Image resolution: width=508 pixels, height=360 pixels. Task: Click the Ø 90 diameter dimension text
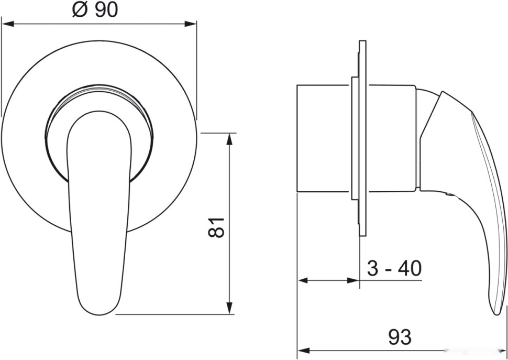[95, 10]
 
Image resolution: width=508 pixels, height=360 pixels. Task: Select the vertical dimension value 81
[216, 227]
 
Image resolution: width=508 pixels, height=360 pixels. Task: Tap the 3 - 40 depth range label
[394, 268]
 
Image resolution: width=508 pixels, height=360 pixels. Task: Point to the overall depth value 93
[400, 337]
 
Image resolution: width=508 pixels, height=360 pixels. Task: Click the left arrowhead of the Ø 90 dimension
[7, 24]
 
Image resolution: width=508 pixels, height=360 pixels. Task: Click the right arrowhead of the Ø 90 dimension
[191, 24]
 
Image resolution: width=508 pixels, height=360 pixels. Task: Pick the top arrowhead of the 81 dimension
[229, 139]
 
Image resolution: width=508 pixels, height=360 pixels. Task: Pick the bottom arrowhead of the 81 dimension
[229, 308]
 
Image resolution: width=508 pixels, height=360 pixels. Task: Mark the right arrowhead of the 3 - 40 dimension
[353, 280]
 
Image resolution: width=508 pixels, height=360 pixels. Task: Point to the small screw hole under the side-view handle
[448, 194]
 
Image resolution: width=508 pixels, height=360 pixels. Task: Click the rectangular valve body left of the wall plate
[324, 138]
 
